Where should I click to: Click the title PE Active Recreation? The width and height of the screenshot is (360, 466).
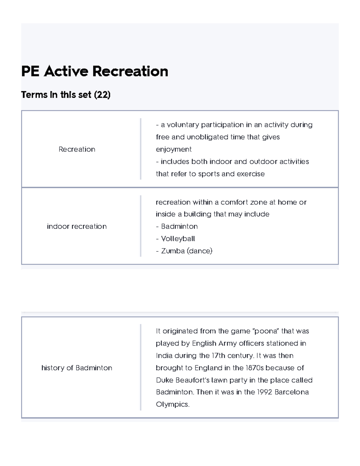94,71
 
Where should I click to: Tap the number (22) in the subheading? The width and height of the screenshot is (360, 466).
102,95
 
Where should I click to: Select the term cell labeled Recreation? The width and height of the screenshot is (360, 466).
77,149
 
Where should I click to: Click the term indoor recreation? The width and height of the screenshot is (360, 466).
77,226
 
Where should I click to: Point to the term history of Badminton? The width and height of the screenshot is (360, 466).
77,368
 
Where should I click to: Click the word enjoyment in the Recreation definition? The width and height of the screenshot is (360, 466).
174,149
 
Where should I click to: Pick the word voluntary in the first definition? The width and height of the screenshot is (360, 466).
183,125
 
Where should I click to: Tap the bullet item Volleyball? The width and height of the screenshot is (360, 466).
178,239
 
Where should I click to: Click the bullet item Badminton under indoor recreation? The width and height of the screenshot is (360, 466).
179,226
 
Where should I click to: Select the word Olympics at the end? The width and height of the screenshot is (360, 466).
172,404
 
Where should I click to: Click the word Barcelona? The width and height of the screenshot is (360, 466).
292,392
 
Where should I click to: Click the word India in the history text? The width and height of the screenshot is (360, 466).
164,356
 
